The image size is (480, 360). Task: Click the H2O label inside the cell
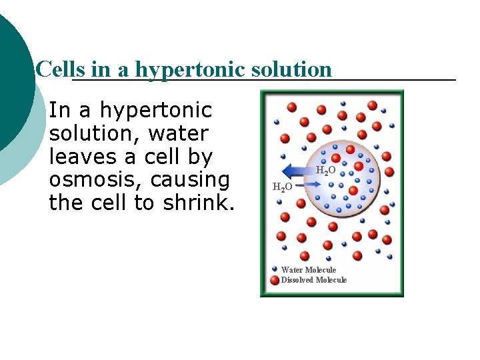click(x=325, y=171)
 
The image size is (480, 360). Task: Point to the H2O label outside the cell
click(x=282, y=186)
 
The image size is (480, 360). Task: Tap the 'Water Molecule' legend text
click(x=309, y=270)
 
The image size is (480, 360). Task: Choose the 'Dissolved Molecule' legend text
click(x=314, y=280)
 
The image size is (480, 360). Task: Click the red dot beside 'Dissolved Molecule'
click(x=275, y=280)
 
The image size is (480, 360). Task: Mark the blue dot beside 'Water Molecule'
click(x=275, y=269)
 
